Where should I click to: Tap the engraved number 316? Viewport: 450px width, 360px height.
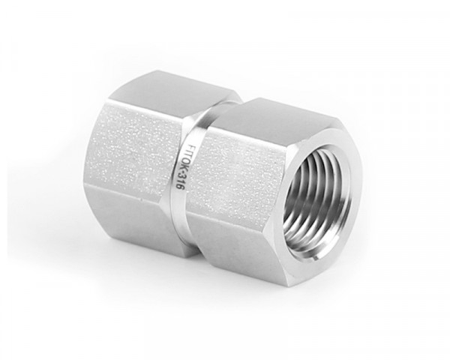point(179,182)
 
